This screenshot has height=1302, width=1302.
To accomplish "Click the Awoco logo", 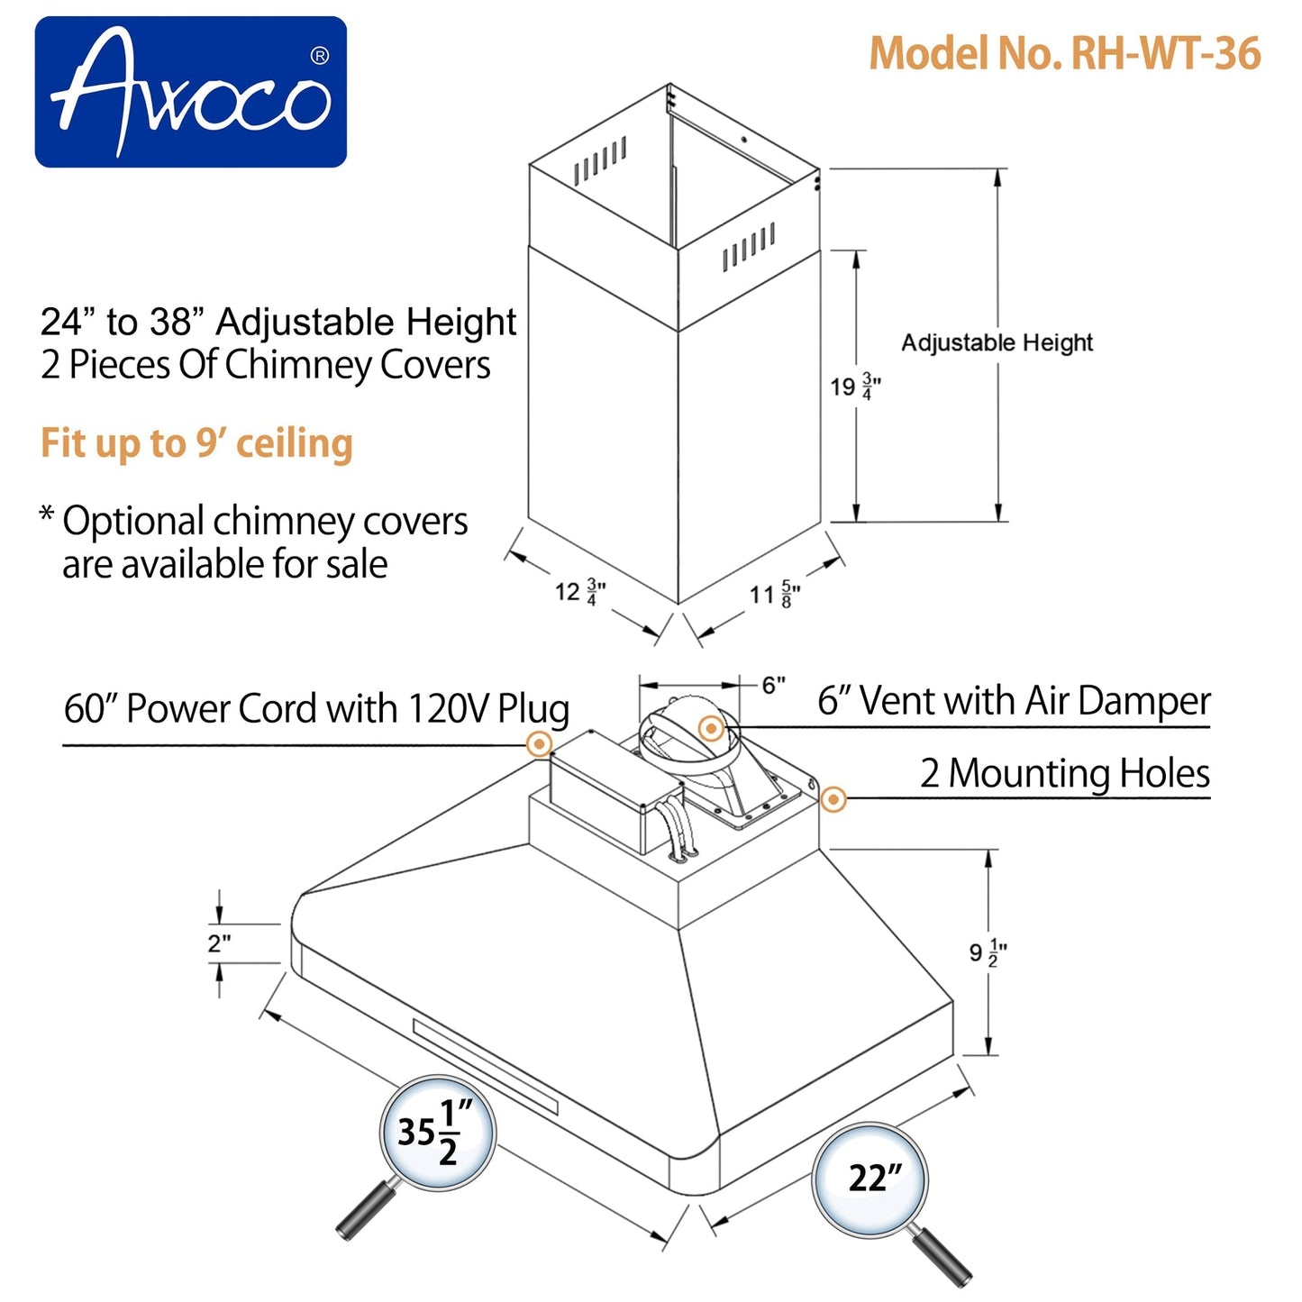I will tap(190, 92).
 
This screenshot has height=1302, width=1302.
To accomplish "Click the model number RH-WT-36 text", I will tap(1064, 54).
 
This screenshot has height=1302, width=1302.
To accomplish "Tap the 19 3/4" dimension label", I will tap(854, 387).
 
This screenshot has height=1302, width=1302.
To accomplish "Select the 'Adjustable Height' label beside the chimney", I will tap(997, 342).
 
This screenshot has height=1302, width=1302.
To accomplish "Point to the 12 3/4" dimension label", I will tap(579, 592).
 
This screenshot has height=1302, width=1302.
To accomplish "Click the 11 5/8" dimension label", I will tap(774, 595).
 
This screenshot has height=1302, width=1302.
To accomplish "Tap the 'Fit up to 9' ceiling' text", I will tap(196, 443).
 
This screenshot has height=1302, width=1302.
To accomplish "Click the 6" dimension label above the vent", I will tap(773, 686).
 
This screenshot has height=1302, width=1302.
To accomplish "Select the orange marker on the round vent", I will tap(711, 728).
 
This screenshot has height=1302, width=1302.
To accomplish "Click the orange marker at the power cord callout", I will tap(539, 744).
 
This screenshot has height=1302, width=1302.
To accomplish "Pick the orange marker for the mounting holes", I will tap(833, 798).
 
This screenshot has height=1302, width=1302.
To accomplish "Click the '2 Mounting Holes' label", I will tap(1064, 773).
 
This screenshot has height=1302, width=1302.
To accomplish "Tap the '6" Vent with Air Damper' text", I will tap(1014, 700).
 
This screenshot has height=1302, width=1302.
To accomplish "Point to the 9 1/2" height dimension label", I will tap(988, 952).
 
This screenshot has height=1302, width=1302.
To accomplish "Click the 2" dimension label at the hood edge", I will tap(219, 943).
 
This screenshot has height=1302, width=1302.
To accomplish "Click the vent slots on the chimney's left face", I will tap(599, 163).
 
